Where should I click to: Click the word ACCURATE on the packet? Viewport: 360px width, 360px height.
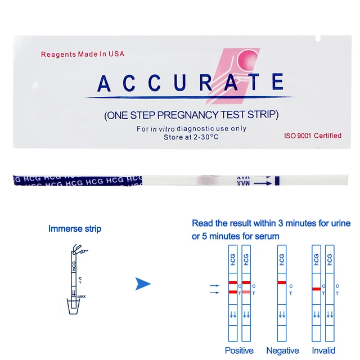190,83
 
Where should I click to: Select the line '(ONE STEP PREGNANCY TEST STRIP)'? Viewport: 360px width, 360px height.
191,115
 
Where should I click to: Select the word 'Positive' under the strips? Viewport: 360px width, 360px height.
239,350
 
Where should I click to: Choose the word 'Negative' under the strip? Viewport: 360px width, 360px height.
282,350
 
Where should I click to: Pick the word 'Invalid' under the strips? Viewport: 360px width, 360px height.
323,350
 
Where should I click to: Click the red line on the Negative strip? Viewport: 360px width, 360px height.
282,282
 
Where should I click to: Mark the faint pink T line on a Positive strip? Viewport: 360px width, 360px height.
246,291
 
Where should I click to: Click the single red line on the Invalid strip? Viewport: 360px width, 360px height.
316,289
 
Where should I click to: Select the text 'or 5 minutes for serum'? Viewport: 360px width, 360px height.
235,236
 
